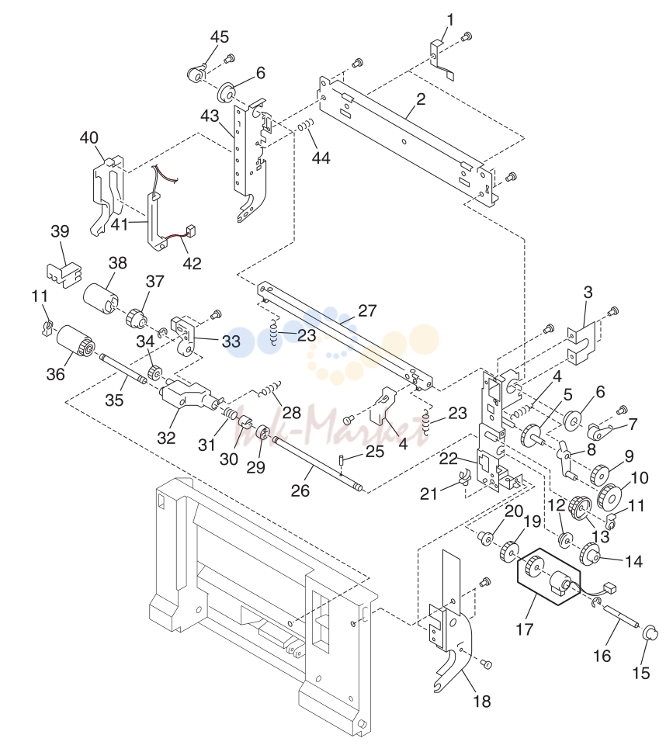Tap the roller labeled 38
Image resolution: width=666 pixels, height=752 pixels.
coord(101,298)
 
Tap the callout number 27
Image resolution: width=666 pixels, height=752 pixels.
coord(367,310)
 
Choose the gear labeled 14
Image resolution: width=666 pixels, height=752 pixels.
coord(591,554)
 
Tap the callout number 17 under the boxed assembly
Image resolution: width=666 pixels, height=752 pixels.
coord(525,629)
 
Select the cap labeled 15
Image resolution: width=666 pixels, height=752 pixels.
coord(650,632)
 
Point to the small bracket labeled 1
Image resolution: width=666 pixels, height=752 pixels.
coord(442,59)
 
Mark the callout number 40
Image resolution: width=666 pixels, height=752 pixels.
coord(88,137)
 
